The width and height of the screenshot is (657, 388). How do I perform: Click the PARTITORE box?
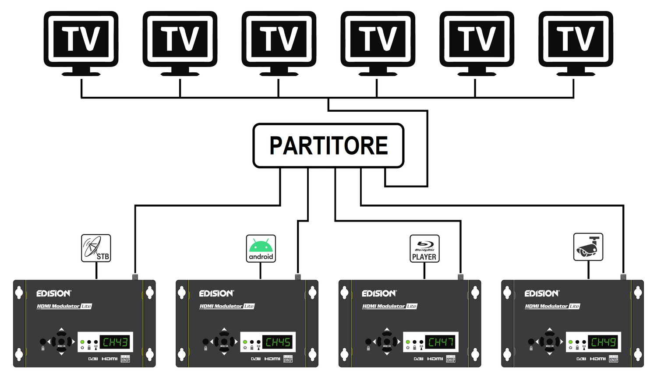pyautogui.click(x=328, y=146)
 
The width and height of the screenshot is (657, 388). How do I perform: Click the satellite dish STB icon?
pyautogui.click(x=96, y=248)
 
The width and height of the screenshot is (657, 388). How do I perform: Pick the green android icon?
pyautogui.click(x=261, y=248)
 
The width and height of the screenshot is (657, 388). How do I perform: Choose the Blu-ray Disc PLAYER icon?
pyautogui.click(x=424, y=248)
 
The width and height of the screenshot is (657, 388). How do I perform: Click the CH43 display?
pyautogui.click(x=115, y=342)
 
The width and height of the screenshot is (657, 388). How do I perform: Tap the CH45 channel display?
pyautogui.click(x=278, y=342)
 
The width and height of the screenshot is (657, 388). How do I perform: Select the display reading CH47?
pyautogui.click(x=441, y=342)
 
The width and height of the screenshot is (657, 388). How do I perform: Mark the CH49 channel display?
pyautogui.click(x=604, y=342)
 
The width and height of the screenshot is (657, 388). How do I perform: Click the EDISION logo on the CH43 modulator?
pyautogui.click(x=53, y=293)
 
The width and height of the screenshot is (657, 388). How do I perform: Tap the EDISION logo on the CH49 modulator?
pyautogui.click(x=542, y=293)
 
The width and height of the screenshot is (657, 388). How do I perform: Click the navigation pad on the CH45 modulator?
pyautogui.click(x=224, y=342)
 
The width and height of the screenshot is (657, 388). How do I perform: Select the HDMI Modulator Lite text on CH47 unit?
pyautogui.click(x=389, y=306)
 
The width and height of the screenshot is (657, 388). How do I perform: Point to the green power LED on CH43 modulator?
pyautogui.click(x=82, y=342)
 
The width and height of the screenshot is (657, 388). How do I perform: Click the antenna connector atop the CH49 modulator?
pyautogui.click(x=623, y=277)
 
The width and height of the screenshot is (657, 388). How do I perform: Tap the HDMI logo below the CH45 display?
pyautogui.click(x=272, y=359)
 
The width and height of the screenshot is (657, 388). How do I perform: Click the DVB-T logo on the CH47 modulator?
pyautogui.click(x=418, y=359)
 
